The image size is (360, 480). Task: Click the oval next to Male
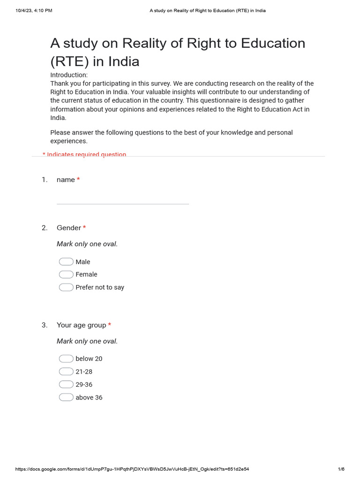pos(66,262)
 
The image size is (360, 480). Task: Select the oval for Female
pos(66,274)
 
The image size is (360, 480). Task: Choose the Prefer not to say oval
pos(66,287)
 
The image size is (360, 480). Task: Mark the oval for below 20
pos(66,359)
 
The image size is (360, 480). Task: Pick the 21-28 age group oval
pos(66,371)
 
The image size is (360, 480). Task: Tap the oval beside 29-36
pos(66,384)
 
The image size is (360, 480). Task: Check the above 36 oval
pos(66,397)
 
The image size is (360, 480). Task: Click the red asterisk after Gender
pos(84,228)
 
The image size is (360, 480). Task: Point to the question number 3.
pos(45,325)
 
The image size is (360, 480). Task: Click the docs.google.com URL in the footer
pos(132,469)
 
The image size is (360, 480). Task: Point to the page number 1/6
pos(341,469)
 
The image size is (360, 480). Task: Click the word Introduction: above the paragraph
pos(69,75)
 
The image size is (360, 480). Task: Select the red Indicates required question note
pos(84,154)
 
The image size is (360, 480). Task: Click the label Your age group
pos(81,325)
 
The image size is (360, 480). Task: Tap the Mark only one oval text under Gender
pos(87,244)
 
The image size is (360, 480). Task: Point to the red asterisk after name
pos(78,180)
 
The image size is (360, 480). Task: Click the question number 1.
pos(45,180)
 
